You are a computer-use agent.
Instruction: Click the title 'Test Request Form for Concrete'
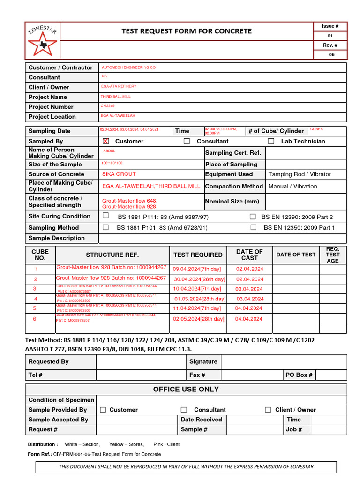click(187, 31)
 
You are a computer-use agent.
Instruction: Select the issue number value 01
click(330, 36)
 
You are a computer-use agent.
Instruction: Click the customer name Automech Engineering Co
click(128, 67)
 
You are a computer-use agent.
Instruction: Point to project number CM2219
click(107, 106)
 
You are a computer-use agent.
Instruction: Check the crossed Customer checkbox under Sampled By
click(105, 141)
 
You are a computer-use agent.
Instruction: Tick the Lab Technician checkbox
click(271, 141)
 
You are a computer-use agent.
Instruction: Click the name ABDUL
click(109, 151)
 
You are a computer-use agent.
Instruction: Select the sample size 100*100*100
click(112, 163)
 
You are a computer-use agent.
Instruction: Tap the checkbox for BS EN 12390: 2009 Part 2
click(253, 217)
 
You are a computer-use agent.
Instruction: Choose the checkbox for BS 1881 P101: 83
click(105, 227)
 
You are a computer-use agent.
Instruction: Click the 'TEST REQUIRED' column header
click(198, 255)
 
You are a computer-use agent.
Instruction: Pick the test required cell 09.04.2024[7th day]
click(197, 269)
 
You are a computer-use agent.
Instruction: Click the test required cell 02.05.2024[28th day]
click(198, 319)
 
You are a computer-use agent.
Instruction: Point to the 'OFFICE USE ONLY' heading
click(186, 390)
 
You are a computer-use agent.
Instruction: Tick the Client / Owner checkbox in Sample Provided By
click(268, 410)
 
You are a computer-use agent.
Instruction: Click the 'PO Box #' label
click(299, 375)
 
